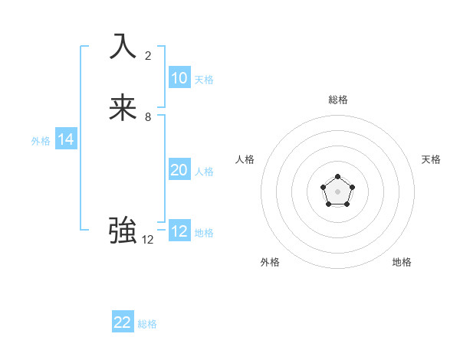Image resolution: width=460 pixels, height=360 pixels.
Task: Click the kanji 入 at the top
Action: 123,46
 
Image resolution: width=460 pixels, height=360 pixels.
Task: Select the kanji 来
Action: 123,108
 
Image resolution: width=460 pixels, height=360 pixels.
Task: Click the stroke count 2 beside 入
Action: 148,55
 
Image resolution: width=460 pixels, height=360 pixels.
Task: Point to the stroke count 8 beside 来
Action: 148,117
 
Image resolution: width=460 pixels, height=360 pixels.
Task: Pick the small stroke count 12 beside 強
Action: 148,240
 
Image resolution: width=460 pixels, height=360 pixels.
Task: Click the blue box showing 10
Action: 179,78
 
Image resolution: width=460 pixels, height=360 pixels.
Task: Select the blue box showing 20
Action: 179,170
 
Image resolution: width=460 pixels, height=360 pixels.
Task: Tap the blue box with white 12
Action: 179,231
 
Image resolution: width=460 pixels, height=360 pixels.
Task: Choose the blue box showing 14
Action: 66,139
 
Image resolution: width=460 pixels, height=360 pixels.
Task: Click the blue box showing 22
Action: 123,322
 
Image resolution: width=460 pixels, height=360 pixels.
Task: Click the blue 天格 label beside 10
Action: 204,80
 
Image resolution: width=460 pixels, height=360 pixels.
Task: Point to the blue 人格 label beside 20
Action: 204,172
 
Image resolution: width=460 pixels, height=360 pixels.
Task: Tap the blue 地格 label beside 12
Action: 204,233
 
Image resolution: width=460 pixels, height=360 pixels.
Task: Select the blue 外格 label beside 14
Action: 41,141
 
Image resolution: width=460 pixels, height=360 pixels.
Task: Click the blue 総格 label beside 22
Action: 147,324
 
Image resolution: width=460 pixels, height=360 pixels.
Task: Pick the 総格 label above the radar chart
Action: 337,100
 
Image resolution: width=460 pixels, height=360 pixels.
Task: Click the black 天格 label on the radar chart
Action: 431,159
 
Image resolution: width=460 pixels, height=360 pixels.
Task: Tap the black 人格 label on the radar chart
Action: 245,159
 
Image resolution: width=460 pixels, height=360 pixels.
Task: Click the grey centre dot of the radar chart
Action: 337,191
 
